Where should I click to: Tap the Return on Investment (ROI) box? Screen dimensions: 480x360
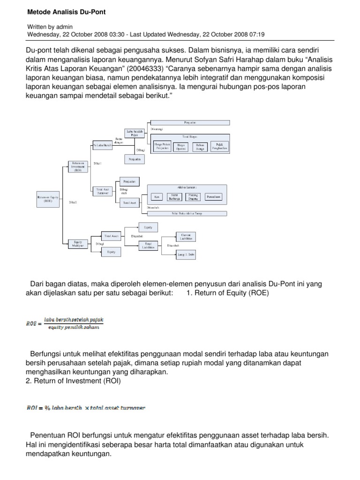coord(77,165)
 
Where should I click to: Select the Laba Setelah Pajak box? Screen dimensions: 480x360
coord(134,133)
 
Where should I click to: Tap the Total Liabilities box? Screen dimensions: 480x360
coord(149,245)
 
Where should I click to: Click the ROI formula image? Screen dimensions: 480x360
coord(85,407)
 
